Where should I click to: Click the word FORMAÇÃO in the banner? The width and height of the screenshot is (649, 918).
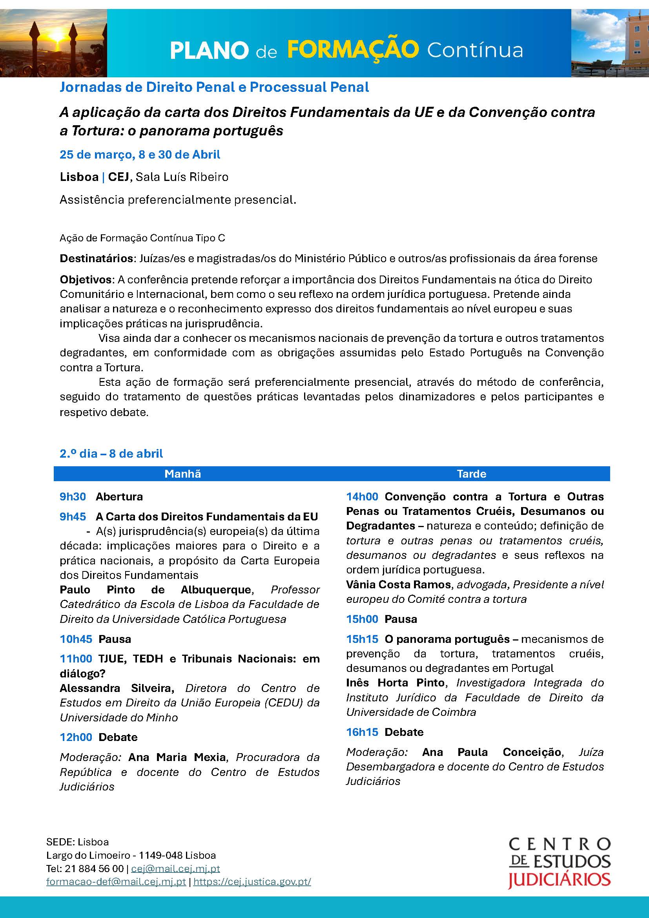(353, 49)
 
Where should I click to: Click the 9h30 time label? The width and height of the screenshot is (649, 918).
(73, 496)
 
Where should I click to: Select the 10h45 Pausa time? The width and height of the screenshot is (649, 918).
(76, 639)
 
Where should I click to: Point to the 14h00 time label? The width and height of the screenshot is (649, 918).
(362, 496)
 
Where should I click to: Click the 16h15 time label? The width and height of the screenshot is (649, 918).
(362, 732)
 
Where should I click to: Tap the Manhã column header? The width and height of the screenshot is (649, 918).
(182, 474)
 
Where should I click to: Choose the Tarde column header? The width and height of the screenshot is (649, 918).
(472, 474)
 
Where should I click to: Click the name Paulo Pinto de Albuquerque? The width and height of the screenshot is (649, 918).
(155, 590)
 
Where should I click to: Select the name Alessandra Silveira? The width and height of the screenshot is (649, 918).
(117, 688)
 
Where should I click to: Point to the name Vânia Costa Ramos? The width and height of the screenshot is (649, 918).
(398, 584)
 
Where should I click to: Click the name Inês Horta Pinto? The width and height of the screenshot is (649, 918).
(395, 683)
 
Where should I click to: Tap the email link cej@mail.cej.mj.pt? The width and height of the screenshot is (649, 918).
(175, 869)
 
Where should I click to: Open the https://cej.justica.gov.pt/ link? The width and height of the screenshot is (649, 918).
(252, 881)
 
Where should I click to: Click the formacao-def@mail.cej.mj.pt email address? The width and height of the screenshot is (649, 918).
(116, 881)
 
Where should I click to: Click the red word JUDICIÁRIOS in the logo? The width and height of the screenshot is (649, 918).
(559, 880)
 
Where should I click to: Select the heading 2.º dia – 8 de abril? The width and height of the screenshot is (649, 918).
(111, 453)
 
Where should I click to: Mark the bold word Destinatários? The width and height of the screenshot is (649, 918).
(96, 258)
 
